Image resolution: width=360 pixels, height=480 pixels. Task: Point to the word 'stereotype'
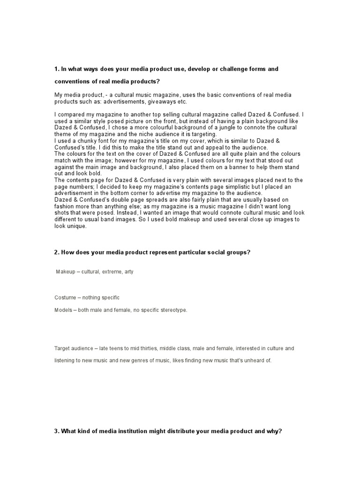click(x=172, y=310)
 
